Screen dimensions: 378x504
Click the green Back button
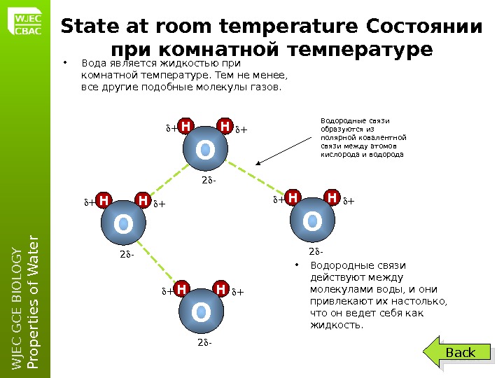tap(461, 353)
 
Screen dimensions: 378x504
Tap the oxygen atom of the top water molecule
tap(205, 149)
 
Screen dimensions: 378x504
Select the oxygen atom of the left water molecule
tap(123, 225)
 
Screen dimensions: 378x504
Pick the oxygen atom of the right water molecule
tap(311, 222)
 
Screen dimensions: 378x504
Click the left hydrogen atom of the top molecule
tap(185, 126)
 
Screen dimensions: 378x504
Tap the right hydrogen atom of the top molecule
tap(225, 126)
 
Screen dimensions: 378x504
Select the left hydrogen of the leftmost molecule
tap(104, 202)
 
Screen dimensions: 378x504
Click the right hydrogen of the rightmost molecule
tap(331, 198)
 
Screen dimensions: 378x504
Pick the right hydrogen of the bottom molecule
tap(220, 289)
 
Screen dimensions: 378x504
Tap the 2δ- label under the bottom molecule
tap(204, 343)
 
